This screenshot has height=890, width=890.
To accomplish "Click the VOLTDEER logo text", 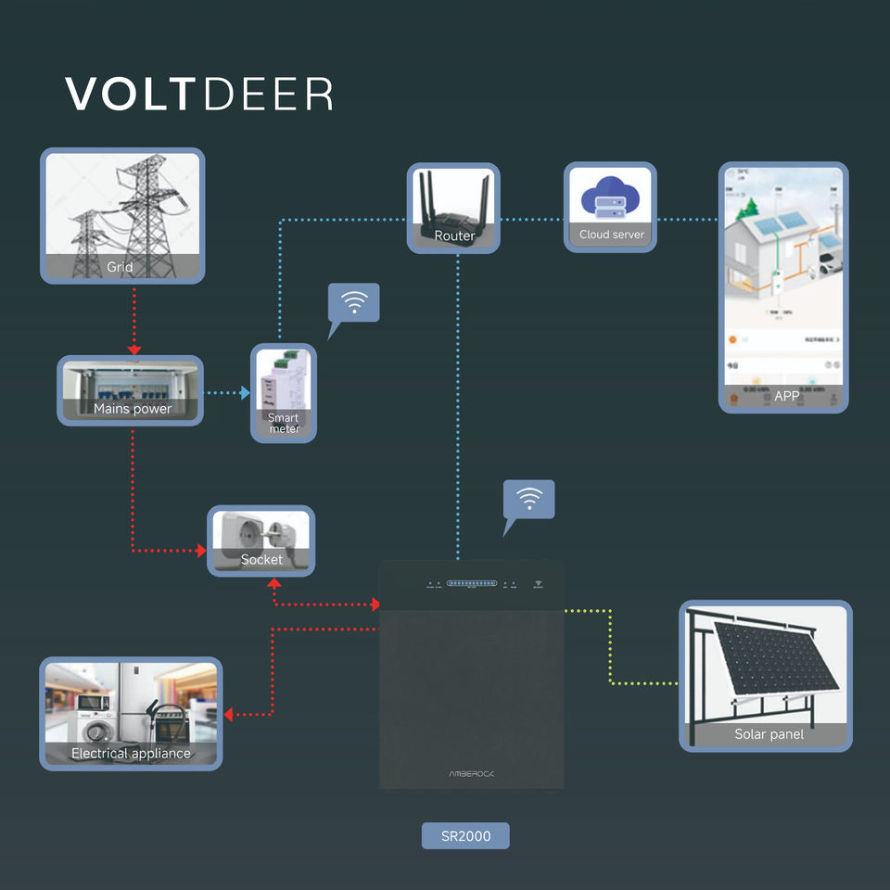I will point(198,95).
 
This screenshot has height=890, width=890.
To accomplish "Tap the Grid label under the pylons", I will point(120,267).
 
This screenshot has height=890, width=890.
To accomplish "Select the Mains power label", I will point(133,409).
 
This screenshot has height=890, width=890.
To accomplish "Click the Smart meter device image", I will point(283,379).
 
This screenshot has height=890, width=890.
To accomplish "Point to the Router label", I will point(454,235).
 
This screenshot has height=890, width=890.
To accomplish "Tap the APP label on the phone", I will point(786,397).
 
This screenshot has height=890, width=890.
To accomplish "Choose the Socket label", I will point(261,559).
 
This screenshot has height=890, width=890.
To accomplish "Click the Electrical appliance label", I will point(131,753).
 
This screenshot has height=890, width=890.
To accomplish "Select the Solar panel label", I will point(769,734).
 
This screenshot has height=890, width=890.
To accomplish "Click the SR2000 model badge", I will point(465,835).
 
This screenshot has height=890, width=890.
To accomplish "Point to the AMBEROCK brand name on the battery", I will point(472,773).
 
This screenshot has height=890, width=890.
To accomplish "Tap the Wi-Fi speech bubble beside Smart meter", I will point(354,302).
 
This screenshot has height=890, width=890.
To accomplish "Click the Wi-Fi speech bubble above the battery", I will point(528,500).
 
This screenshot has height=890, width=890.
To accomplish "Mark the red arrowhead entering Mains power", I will point(134,350).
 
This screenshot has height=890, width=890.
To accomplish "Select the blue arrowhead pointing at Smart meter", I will point(246,393).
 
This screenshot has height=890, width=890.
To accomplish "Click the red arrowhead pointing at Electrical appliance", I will point(229,715).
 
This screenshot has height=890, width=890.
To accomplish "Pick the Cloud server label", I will point(611,235).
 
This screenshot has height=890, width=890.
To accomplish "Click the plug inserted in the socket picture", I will point(285,537).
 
